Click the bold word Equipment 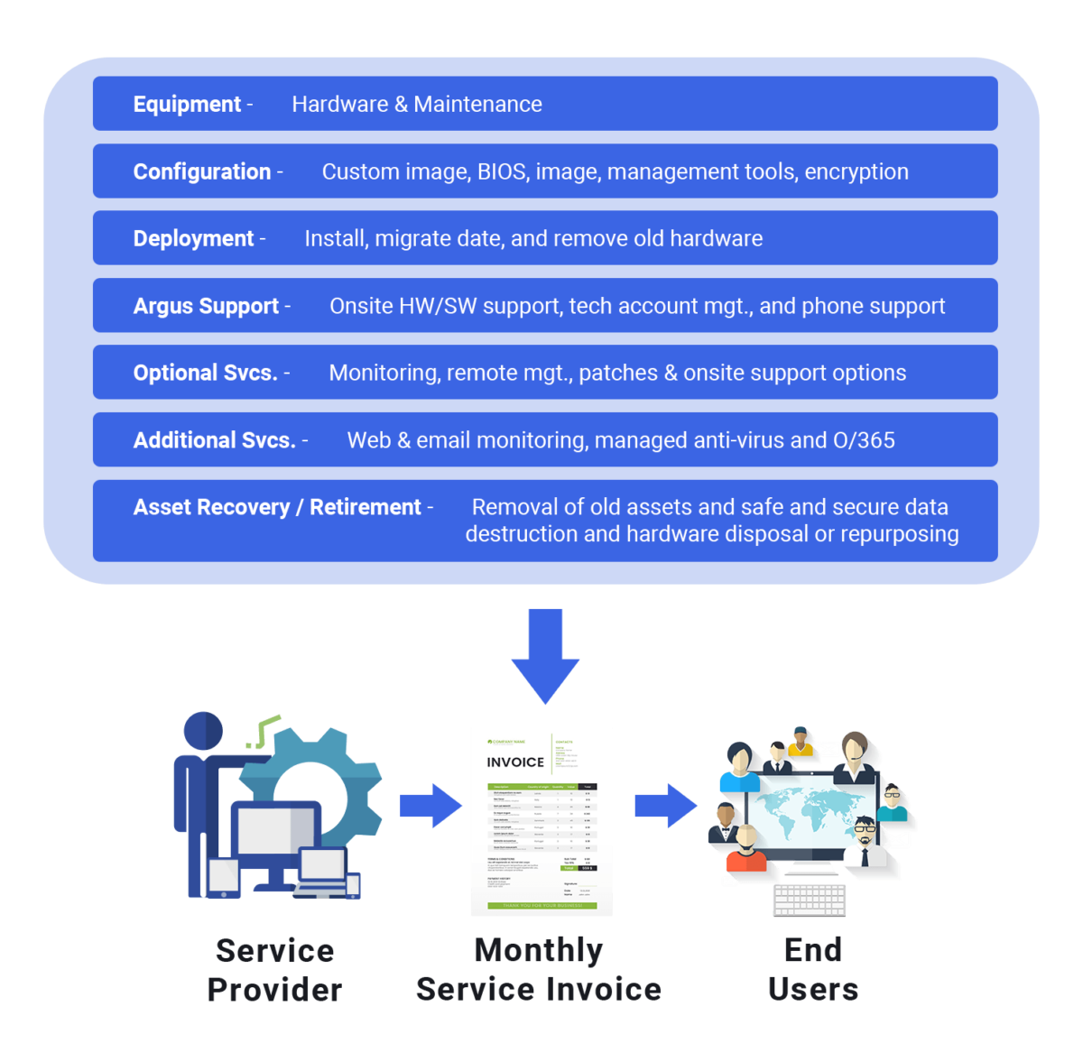click(x=187, y=105)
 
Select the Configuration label click(x=202, y=171)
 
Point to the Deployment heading click(x=193, y=239)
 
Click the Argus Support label click(x=206, y=307)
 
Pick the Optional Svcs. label click(x=205, y=374)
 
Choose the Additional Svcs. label click(x=215, y=440)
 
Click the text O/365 click(x=864, y=440)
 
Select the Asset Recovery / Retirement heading click(x=277, y=507)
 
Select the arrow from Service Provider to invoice click(x=430, y=806)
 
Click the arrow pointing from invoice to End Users click(x=666, y=806)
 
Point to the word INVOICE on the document click(x=515, y=762)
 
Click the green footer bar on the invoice click(x=541, y=905)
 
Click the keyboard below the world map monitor click(x=810, y=899)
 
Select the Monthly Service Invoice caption click(x=539, y=970)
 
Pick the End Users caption click(x=813, y=970)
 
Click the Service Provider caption click(x=275, y=970)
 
